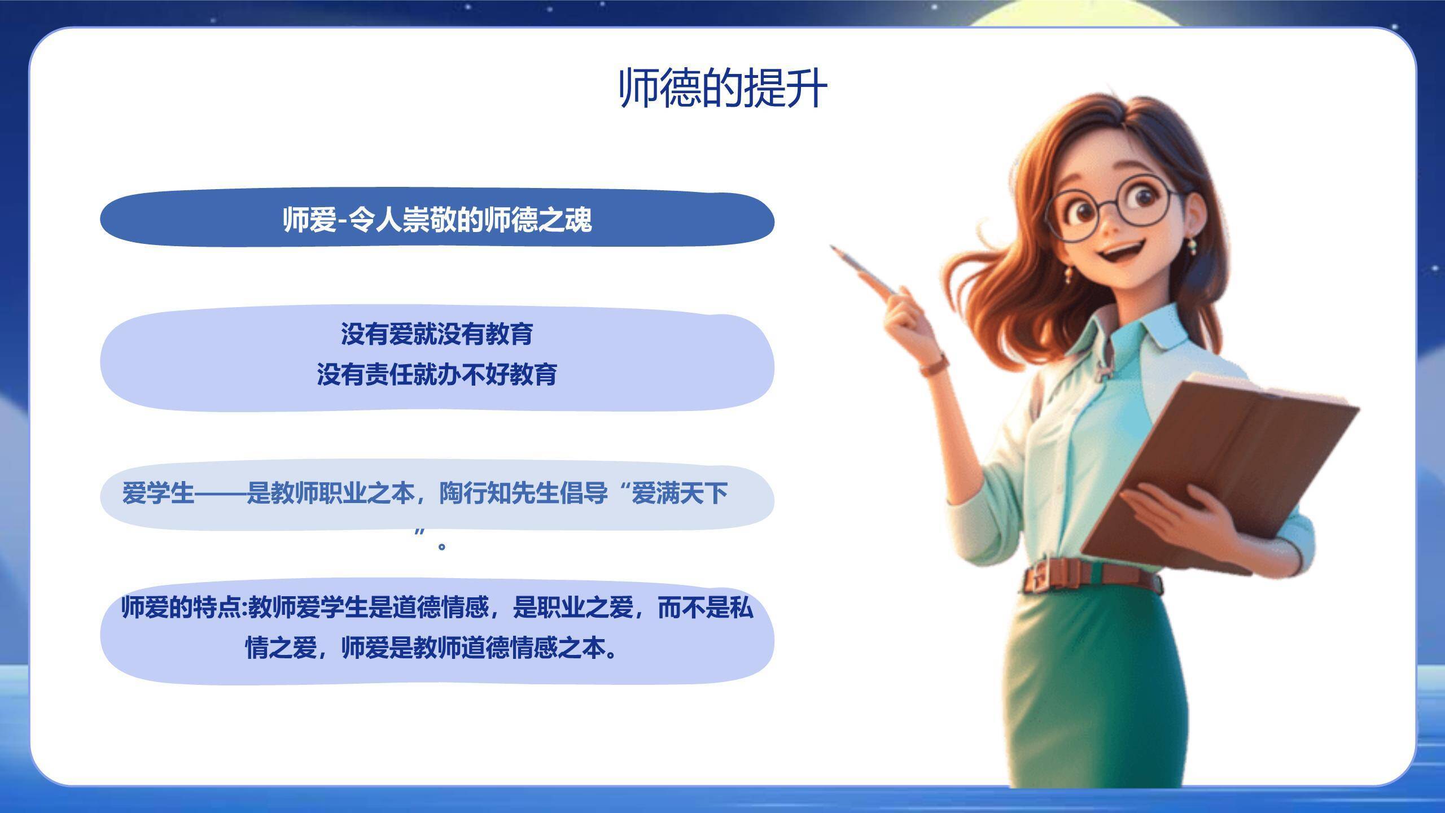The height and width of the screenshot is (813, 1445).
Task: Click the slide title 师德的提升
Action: coord(723,89)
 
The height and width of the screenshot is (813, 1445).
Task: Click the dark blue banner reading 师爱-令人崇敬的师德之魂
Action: coord(437,219)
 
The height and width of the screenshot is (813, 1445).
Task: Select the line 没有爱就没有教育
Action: coord(437,334)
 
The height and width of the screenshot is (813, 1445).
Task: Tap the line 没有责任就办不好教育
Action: coord(437,374)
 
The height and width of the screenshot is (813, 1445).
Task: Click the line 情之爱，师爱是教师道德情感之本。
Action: coord(432,648)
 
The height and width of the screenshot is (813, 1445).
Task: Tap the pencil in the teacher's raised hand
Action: coord(864,270)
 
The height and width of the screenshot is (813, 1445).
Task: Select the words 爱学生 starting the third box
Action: coord(158,493)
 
